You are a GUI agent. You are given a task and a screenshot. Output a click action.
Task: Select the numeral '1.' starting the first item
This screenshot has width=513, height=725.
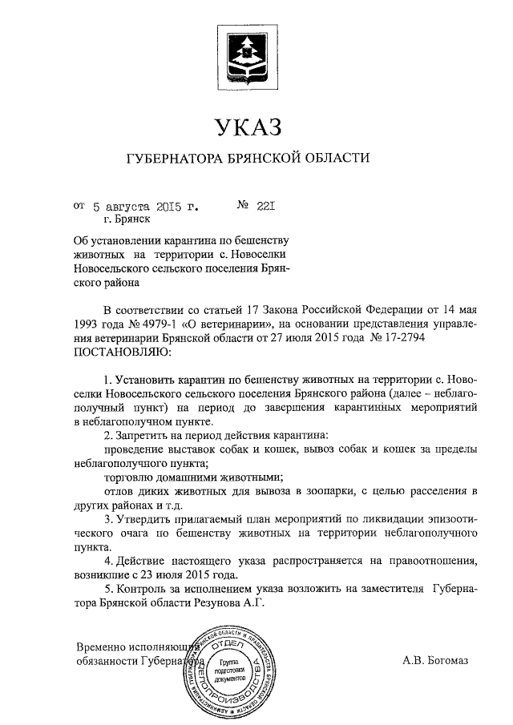coord(108,378)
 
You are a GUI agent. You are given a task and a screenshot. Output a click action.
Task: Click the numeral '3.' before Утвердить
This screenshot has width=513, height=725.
coord(108,519)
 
